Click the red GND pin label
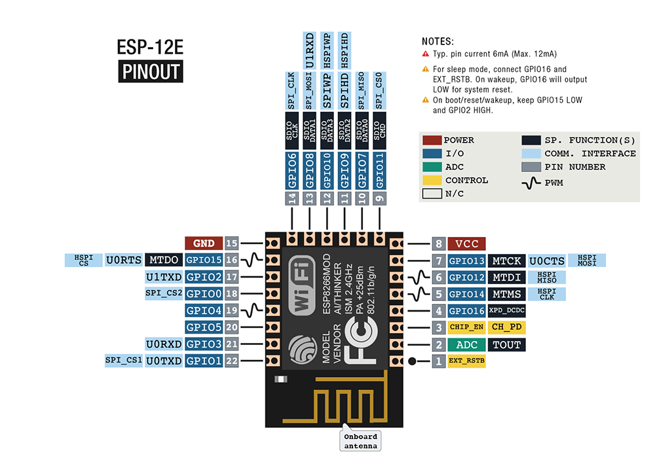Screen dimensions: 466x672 (204, 243)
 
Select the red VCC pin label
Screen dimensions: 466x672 (466, 243)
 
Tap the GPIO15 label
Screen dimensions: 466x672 (204, 260)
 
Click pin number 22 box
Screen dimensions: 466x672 (231, 360)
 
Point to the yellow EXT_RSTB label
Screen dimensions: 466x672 (466, 361)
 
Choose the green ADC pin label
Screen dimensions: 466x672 (466, 344)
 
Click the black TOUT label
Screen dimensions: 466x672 (506, 344)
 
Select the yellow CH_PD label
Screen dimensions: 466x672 (506, 327)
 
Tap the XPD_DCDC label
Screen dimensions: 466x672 (506, 311)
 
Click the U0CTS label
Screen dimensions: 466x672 (546, 260)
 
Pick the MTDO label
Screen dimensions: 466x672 (163, 260)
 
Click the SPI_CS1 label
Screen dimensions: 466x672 (124, 361)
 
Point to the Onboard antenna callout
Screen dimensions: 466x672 (361, 441)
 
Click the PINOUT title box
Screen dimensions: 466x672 (151, 71)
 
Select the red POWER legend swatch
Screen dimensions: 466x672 (432, 140)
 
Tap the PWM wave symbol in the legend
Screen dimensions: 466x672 (531, 183)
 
